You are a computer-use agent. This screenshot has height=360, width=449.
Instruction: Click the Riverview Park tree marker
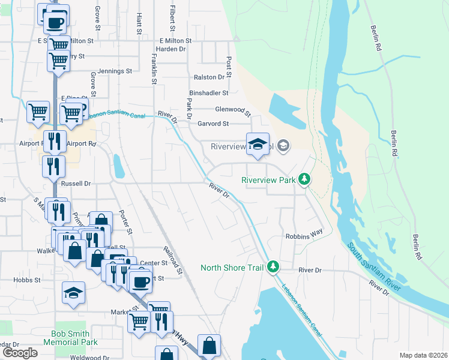coord(305,179)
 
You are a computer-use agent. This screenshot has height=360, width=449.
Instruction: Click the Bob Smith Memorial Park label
coord(70,338)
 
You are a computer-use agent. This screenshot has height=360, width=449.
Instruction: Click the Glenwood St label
coord(233,110)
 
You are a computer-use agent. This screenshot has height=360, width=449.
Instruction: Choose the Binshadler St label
coord(209,93)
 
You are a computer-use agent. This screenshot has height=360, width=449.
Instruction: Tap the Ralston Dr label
coord(209,77)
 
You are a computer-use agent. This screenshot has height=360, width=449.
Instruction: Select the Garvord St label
coord(213,124)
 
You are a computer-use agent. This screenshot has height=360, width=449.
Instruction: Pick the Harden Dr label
coord(170,49)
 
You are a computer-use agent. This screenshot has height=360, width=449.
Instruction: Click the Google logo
coord(20,353)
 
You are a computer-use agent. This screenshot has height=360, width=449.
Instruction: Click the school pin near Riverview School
coord(258,145)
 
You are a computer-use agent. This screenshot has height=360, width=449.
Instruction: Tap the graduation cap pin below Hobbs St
coord(74,293)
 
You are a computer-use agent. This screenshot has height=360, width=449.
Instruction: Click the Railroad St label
coord(172,259)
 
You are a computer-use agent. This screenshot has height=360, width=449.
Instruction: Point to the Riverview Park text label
coord(270,180)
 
